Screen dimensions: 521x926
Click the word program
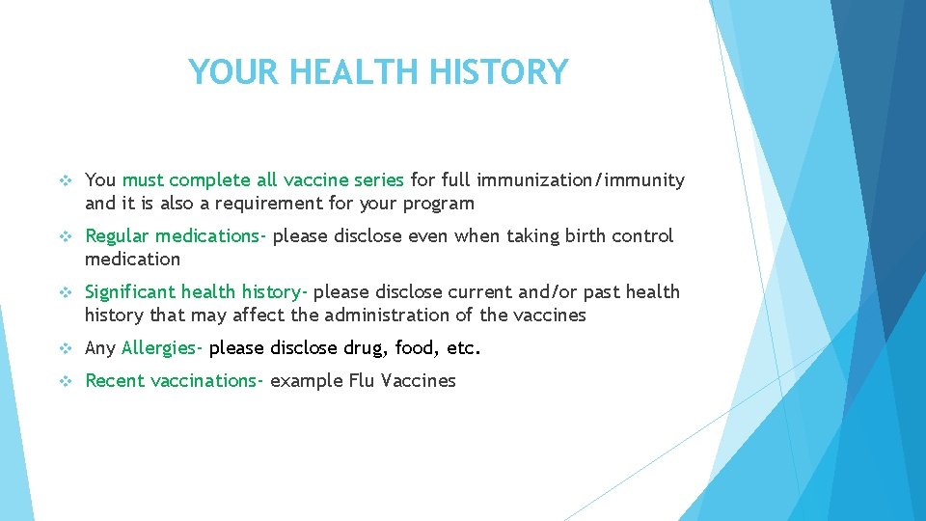[439, 204]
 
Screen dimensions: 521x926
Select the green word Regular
[118, 236]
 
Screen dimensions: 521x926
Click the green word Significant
[130, 292]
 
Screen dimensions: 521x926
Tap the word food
[415, 348]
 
